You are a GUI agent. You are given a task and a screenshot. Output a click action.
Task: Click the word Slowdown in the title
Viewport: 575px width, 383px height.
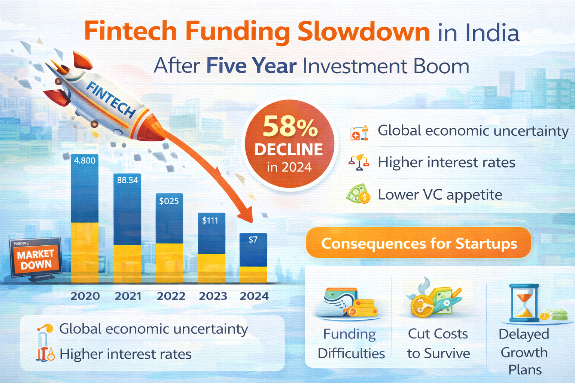363,31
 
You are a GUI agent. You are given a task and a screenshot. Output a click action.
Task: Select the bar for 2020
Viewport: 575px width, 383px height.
85,219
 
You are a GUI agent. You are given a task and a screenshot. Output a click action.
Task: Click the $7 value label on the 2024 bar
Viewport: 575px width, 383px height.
253,240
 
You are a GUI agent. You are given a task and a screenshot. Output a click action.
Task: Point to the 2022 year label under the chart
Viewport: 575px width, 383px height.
171,296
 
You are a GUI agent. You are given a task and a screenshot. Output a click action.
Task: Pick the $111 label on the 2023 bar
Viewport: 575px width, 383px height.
210,221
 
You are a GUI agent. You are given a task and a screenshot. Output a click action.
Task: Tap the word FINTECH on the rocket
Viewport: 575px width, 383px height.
110,99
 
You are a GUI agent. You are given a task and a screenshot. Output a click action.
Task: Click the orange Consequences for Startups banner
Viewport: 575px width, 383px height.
419,243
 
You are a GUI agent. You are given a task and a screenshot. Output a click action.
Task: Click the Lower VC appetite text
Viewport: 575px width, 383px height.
440,195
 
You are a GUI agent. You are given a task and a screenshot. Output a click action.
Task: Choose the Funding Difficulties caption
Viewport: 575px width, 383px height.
351,343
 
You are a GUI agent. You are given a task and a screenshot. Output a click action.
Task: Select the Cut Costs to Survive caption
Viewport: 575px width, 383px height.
438,343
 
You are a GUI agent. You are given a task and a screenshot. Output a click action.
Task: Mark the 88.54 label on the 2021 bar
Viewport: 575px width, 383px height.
127,180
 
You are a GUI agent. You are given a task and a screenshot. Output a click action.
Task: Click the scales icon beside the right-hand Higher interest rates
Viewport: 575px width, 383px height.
359,162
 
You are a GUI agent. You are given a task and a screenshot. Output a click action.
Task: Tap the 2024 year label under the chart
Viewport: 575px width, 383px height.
254,296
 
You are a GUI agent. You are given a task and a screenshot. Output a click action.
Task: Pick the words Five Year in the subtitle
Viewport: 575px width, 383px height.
251,66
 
